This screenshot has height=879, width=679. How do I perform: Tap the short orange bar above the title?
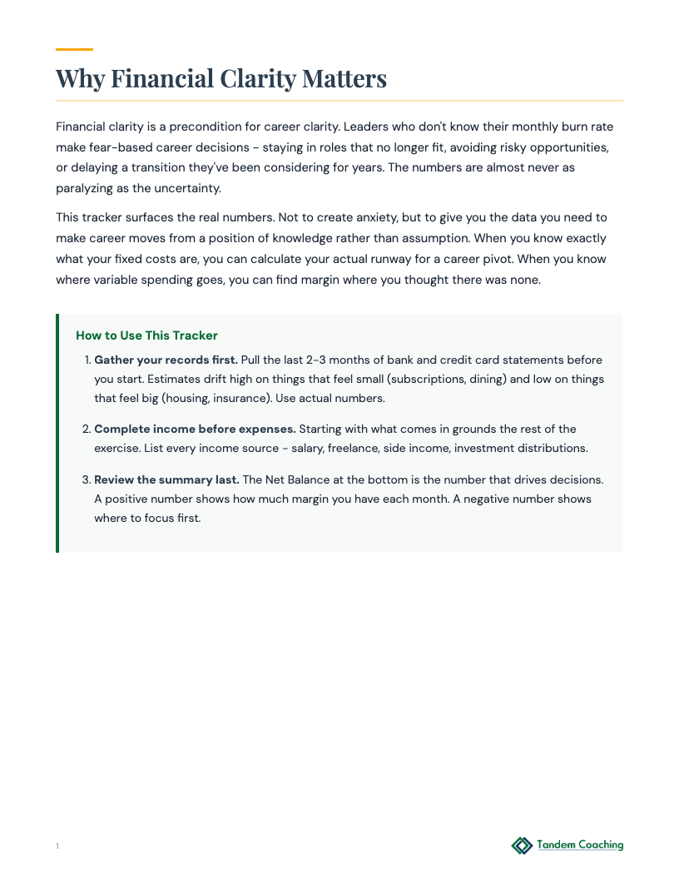coord(74,50)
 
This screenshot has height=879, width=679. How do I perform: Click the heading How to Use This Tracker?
coord(146,335)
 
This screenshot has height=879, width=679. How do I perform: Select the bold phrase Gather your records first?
coord(166,360)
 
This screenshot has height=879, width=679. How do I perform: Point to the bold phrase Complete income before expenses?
coord(195,430)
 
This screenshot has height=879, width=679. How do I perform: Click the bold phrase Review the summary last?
coord(166,480)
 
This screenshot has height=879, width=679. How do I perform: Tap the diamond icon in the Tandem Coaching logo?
coord(522,846)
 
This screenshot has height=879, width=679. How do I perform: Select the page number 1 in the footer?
coord(57,847)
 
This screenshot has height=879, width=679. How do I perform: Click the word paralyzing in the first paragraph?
coord(83,188)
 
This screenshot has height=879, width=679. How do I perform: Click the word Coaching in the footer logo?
coord(599,846)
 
